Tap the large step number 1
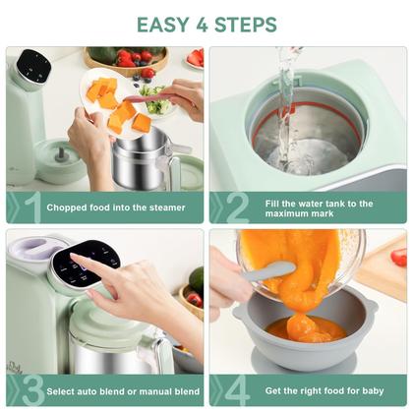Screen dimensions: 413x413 32,206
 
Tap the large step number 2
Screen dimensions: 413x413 237,206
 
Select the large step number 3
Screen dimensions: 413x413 32,390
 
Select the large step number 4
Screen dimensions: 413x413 237,390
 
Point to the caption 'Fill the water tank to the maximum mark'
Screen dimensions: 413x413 319,207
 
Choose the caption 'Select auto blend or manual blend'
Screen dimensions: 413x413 124,390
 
